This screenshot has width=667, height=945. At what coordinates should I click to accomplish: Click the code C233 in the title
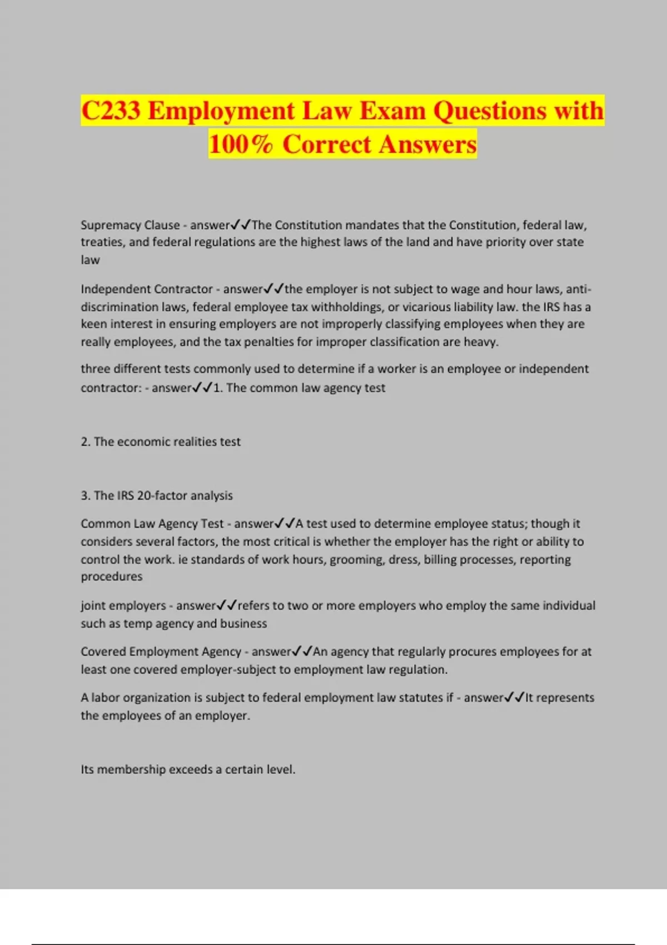pos(111,111)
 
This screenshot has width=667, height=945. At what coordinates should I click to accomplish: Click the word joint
pos(94,606)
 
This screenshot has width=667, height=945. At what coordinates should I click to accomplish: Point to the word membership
pos(131,770)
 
